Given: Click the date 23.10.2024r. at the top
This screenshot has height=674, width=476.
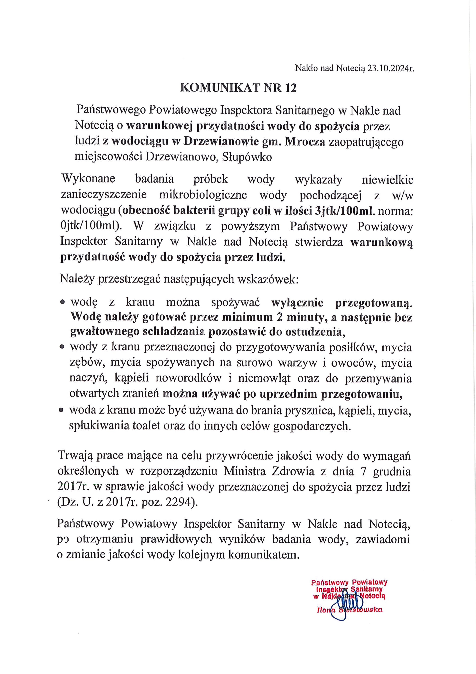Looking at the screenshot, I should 390,69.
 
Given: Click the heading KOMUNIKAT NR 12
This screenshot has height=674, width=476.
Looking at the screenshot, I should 238,88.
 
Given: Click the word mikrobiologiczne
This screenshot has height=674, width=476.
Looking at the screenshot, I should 203,195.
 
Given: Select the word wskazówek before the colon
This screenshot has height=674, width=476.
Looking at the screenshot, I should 267,279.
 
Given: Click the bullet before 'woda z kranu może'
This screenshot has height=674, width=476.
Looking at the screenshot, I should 61,411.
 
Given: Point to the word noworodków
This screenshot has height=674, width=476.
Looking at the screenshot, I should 188,378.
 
